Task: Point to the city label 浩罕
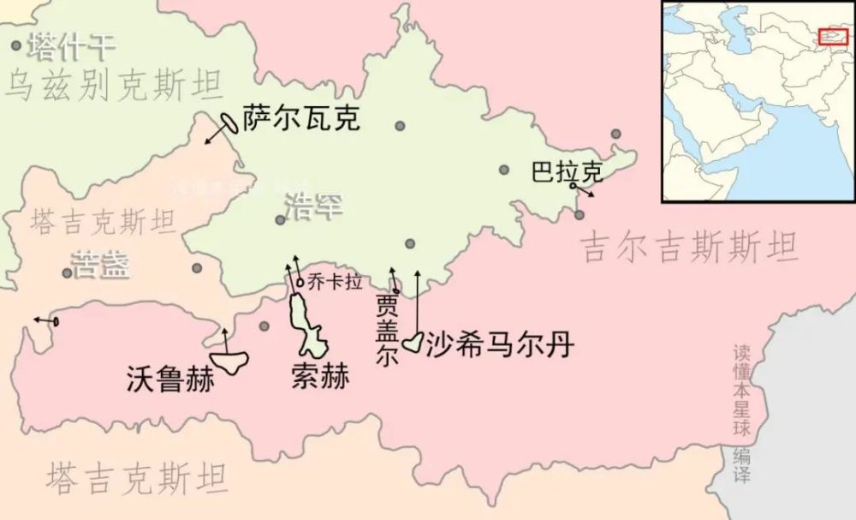pos(312,206)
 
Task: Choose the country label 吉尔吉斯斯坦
pos(689,248)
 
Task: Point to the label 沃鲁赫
pos(169,378)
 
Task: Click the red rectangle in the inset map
pos(833,36)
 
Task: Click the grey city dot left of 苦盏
pos(67,273)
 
